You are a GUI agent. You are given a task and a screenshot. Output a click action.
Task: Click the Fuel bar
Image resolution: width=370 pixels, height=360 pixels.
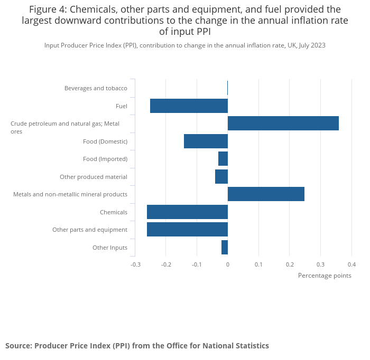tap(189, 106)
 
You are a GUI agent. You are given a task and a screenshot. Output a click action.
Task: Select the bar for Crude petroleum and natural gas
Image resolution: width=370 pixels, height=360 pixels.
tap(283, 124)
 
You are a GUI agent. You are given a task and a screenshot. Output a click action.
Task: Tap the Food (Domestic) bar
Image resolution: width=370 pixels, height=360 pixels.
tap(206, 141)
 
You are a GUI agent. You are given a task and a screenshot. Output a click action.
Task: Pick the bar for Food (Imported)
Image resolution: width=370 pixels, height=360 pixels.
tap(223, 158)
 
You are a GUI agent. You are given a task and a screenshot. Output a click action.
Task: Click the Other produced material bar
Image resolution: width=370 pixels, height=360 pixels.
tap(221, 176)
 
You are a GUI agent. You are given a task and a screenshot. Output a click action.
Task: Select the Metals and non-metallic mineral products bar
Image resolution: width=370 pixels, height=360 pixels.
tap(266, 194)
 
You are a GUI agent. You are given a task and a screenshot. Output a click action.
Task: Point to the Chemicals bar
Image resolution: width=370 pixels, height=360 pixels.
tap(187, 212)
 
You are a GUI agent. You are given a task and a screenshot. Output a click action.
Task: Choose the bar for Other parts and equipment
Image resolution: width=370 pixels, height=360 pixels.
tap(187, 229)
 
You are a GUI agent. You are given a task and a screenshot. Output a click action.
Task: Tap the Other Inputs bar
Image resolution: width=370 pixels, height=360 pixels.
tap(225, 247)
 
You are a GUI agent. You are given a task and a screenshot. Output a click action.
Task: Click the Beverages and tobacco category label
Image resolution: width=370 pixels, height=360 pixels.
tap(96, 88)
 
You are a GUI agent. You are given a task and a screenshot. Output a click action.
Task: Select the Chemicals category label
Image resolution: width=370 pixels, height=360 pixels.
tap(114, 212)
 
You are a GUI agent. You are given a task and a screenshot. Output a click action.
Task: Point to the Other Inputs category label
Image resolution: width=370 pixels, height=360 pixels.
tap(110, 248)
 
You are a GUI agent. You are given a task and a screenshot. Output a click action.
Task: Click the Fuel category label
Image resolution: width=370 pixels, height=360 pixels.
tap(122, 106)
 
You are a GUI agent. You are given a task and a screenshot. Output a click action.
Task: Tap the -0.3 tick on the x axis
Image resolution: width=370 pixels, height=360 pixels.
tap(136, 264)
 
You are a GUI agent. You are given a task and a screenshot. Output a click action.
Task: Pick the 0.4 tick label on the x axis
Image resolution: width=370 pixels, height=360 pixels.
tap(351, 264)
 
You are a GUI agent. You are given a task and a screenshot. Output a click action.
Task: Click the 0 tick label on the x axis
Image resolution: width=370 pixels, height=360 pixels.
tap(228, 264)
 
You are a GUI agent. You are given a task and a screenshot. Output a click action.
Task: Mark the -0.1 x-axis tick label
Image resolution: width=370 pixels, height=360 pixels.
tap(197, 264)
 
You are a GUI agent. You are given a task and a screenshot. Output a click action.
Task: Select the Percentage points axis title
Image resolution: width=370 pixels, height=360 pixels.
tap(325, 276)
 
